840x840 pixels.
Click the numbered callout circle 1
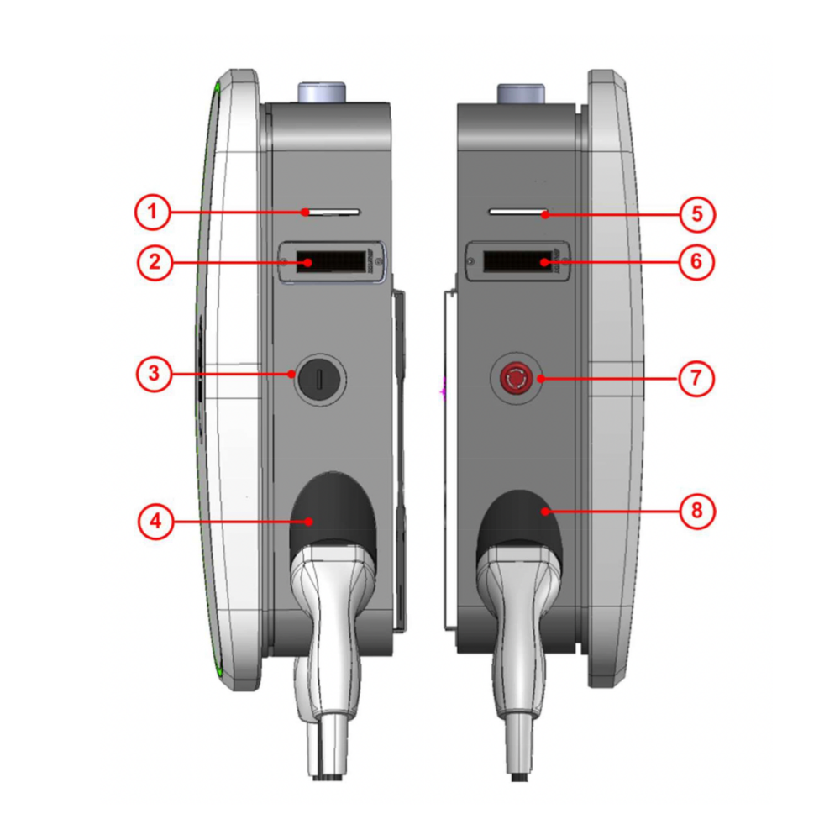click(152, 212)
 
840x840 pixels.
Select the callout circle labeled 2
click(155, 262)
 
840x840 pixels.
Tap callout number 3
click(155, 374)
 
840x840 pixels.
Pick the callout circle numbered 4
click(156, 521)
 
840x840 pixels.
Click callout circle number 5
click(697, 214)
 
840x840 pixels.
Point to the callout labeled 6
click(696, 261)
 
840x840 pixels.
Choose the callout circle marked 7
click(696, 378)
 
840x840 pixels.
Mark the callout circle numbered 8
click(697, 511)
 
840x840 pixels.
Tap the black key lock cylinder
click(319, 380)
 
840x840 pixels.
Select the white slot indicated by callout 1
click(332, 213)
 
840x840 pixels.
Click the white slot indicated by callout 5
click(517, 213)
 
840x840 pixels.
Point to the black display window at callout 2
click(330, 261)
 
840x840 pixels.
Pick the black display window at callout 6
click(517, 261)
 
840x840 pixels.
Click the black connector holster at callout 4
click(333, 512)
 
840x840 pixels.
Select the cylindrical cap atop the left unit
click(322, 92)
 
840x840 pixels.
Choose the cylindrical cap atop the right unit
click(522, 93)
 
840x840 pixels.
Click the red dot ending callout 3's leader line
click(291, 374)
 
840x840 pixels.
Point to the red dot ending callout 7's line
click(540, 379)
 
